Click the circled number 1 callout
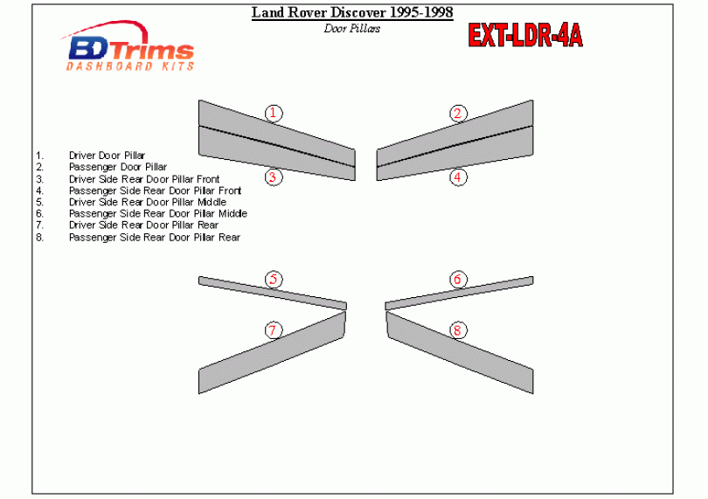coord(274,113)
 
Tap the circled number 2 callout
coord(458,113)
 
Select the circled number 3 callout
coord(274,177)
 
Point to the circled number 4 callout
coord(458,177)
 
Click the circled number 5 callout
coord(274,280)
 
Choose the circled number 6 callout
coord(458,280)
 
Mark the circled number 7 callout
coord(274,330)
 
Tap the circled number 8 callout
coord(458,330)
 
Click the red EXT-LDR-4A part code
coord(525,35)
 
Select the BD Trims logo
coord(128,46)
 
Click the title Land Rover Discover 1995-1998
coord(352,12)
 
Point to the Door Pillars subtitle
coord(352,29)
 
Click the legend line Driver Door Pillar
coord(107,156)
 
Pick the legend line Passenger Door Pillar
coord(118,167)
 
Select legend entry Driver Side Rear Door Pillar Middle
coord(148,202)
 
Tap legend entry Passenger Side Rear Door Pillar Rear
coord(155,237)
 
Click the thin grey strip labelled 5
coord(273,293)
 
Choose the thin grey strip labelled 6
coord(459,293)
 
